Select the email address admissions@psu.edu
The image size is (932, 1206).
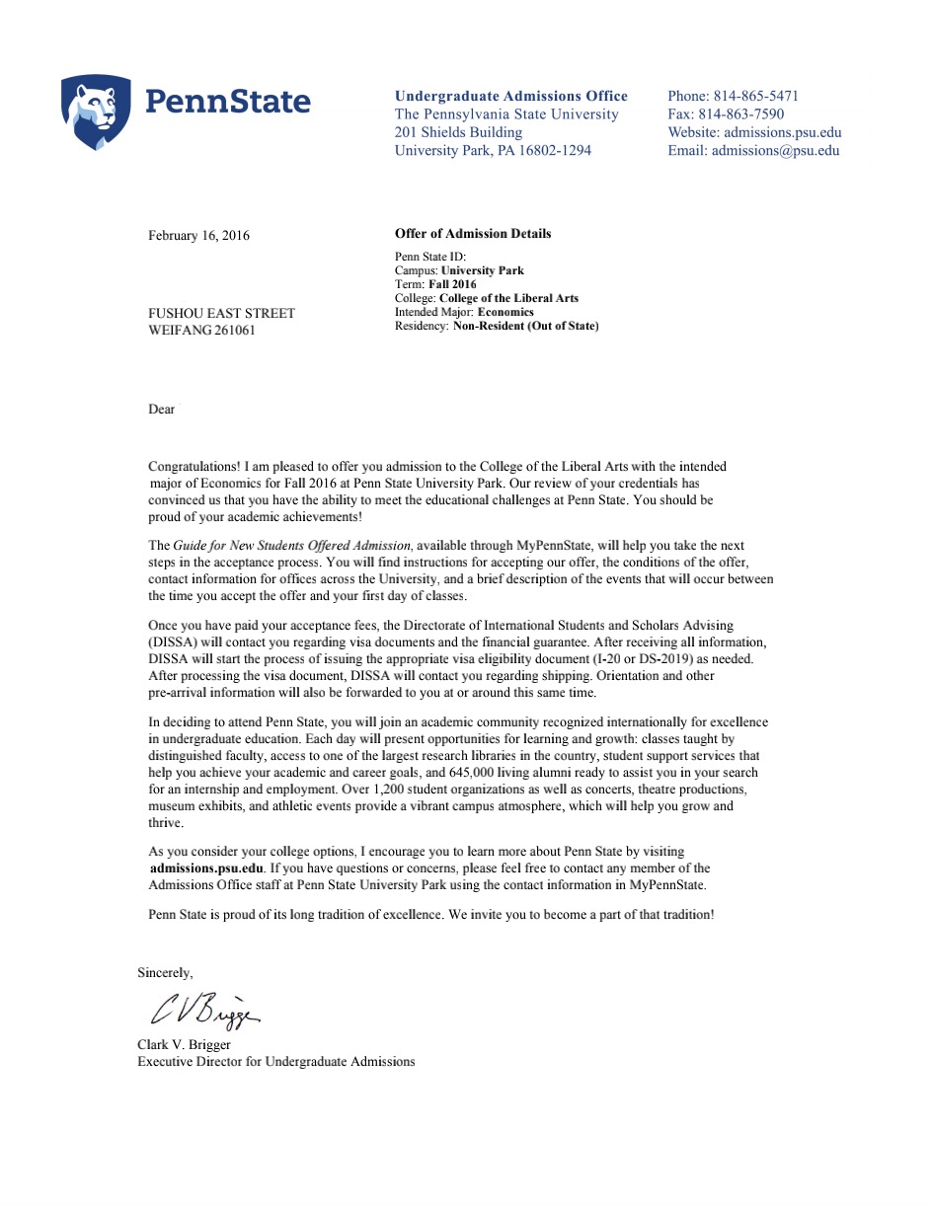pyautogui.click(x=775, y=151)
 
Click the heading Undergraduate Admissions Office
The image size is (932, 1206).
pyautogui.click(x=510, y=96)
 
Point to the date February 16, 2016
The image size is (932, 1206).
pyautogui.click(x=198, y=236)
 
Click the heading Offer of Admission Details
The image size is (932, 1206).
pyautogui.click(x=473, y=234)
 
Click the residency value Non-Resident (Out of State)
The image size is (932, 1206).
pyautogui.click(x=525, y=326)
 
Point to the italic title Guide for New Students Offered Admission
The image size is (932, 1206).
pyautogui.click(x=292, y=546)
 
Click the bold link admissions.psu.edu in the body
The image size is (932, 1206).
pyautogui.click(x=206, y=868)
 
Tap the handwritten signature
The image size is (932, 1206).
pyautogui.click(x=204, y=1010)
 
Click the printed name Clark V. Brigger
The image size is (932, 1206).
pyautogui.click(x=184, y=1044)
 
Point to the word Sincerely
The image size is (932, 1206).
pyautogui.click(x=165, y=973)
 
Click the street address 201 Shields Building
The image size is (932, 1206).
pyautogui.click(x=458, y=132)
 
